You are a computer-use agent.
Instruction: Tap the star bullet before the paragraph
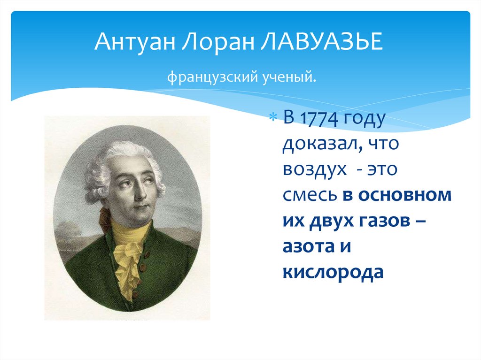pos(275,117)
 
